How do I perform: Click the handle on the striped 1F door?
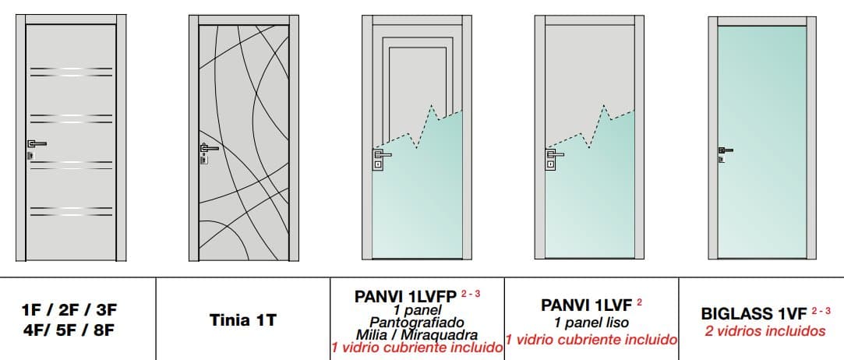[37, 144]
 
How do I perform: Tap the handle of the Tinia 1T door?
[209, 148]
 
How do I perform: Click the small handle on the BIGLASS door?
[726, 150]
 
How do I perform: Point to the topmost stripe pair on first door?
[71, 72]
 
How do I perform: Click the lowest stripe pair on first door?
[71, 211]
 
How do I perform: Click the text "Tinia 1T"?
[243, 320]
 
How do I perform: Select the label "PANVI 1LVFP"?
[405, 297]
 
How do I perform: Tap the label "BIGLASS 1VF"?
[754, 314]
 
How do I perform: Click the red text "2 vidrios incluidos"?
[765, 330]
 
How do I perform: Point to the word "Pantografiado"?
[417, 323]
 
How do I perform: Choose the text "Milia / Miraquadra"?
[417, 335]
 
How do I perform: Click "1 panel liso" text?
[591, 323]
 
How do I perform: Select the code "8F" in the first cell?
[104, 330]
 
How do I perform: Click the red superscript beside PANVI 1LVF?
[639, 302]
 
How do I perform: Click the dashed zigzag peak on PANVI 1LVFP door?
[432, 105]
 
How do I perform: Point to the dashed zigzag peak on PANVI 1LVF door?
[604, 105]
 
